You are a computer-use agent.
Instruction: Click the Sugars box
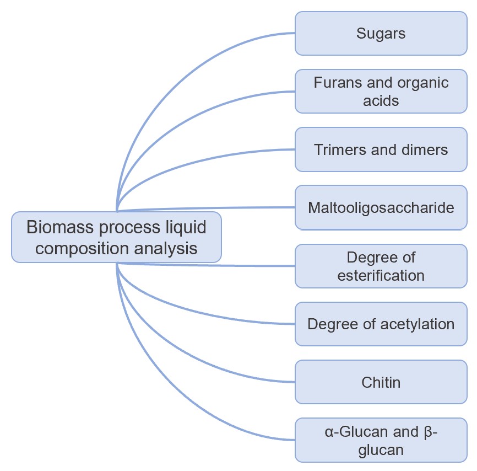(x=381, y=34)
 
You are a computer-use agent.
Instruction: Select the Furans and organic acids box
(x=381, y=92)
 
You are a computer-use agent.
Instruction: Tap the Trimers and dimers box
(x=381, y=149)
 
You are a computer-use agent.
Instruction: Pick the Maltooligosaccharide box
(x=381, y=208)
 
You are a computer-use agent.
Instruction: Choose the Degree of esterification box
(x=381, y=266)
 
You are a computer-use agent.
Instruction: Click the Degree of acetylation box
(x=381, y=324)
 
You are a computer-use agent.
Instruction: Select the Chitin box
(x=381, y=382)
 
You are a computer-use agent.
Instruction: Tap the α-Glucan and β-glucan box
(x=381, y=440)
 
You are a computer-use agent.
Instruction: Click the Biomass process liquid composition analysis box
(x=116, y=237)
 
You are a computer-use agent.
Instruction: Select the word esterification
(x=381, y=275)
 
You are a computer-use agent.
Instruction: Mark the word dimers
(x=425, y=149)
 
